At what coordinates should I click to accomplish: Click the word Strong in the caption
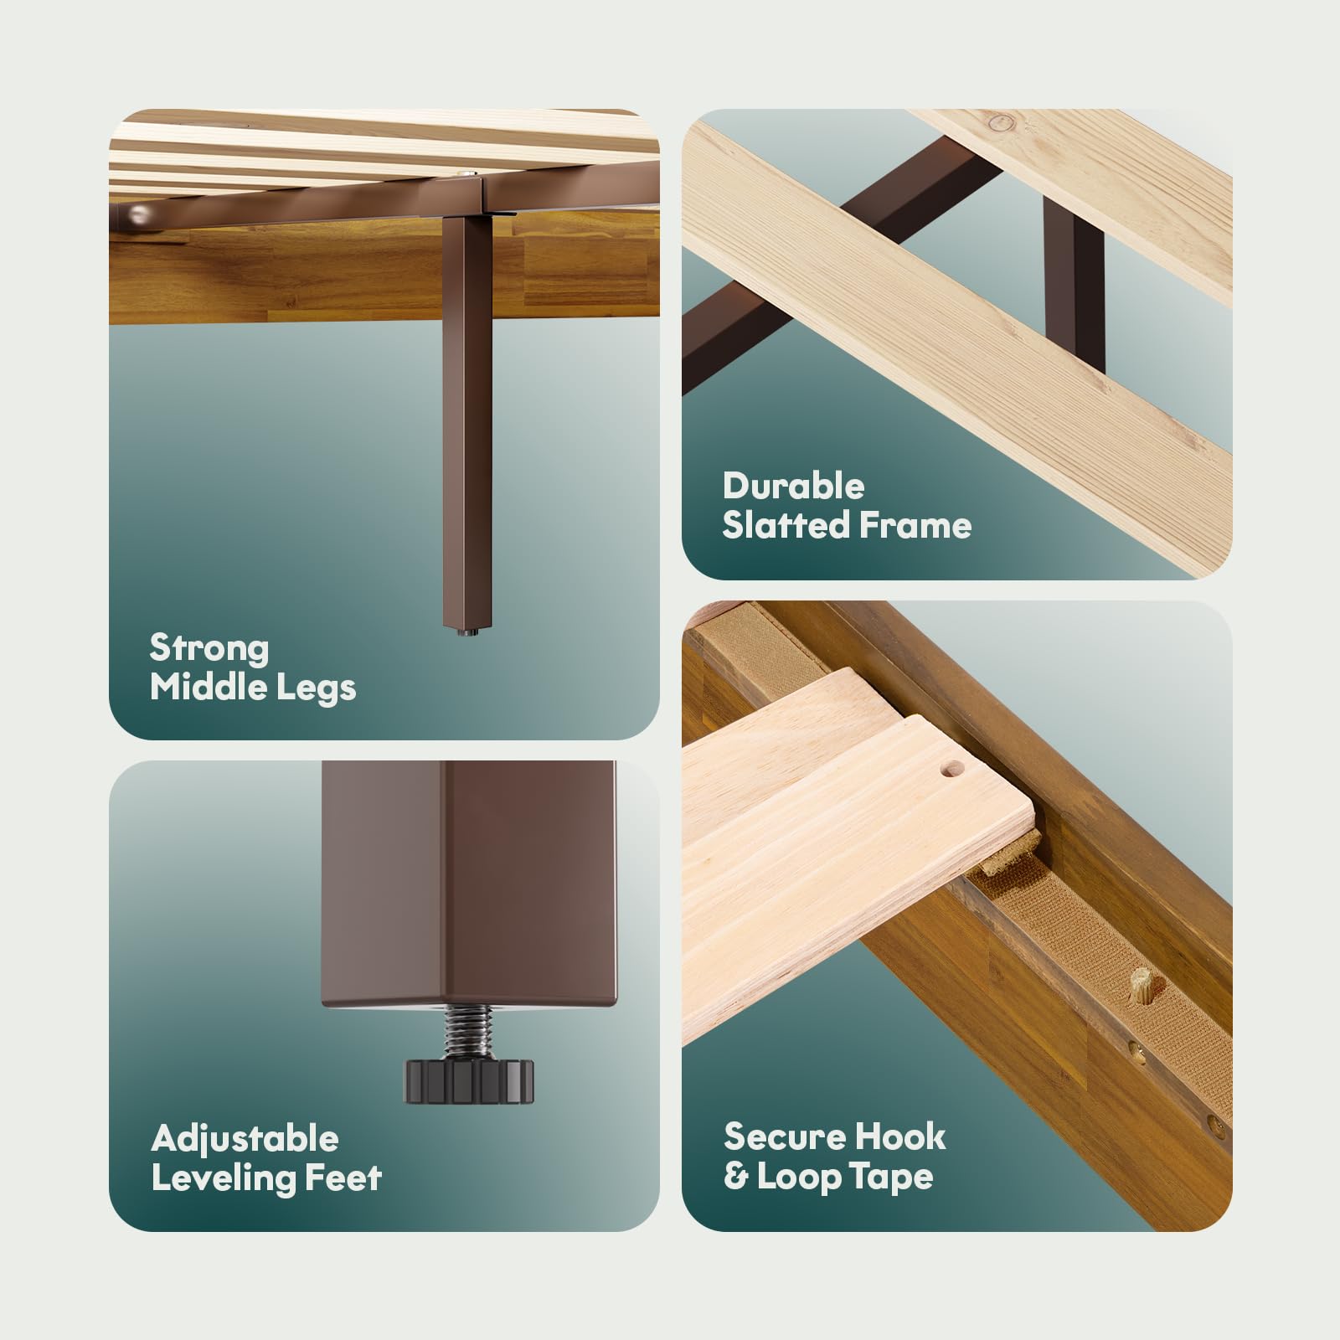tap(209, 649)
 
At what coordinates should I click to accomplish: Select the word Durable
tap(793, 486)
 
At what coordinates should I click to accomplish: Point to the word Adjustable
tap(245, 1140)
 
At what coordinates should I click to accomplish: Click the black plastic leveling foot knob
tap(469, 1080)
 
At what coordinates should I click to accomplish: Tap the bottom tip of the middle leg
tap(464, 631)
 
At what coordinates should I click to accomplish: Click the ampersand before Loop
tap(735, 1178)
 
